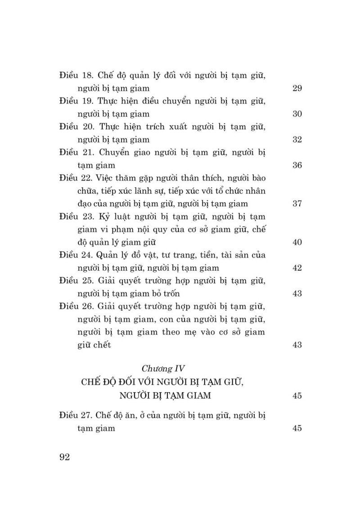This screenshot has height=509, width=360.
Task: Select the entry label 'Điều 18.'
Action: (75, 75)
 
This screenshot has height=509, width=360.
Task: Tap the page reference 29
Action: (297, 88)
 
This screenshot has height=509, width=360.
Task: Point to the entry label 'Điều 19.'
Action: (75, 101)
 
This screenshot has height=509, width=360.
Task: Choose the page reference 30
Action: (297, 114)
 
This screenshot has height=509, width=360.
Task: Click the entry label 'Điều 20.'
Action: (75, 127)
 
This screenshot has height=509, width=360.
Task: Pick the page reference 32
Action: (297, 139)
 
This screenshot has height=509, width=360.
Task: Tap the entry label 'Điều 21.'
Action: (75, 152)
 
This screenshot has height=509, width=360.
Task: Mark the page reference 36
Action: (297, 165)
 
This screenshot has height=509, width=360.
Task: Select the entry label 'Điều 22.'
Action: (75, 178)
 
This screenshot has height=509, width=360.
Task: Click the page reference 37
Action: (297, 204)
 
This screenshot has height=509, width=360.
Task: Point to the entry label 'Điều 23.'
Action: (75, 216)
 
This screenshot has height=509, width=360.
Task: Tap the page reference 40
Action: (297, 242)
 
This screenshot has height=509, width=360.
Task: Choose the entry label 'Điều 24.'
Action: (75, 255)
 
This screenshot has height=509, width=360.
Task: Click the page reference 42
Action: (297, 268)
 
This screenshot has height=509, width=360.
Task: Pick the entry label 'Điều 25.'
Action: (75, 281)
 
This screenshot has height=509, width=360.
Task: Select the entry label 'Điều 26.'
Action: (75, 307)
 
